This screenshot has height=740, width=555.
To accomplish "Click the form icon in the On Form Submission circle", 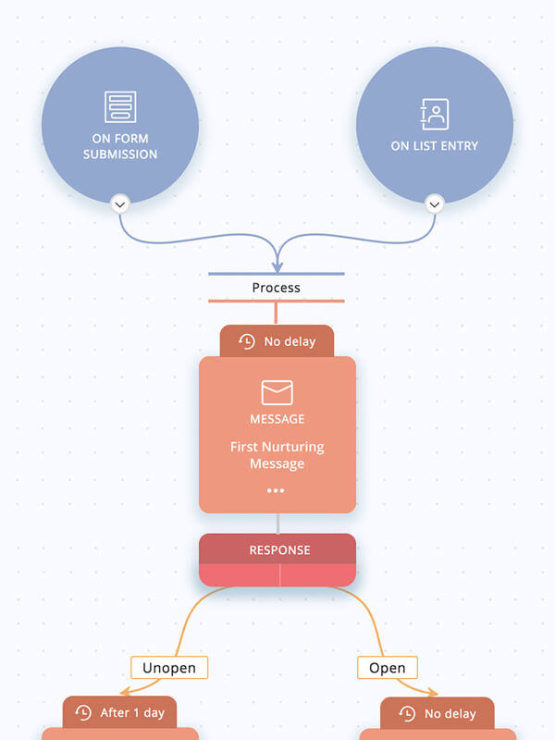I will click(x=120, y=107).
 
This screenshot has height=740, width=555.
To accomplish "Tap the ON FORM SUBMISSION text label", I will click(x=120, y=146).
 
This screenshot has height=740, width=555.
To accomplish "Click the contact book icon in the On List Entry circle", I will click(x=434, y=114).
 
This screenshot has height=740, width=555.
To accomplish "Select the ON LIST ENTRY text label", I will click(x=434, y=146).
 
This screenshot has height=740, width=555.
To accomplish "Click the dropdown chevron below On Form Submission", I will click(x=120, y=204).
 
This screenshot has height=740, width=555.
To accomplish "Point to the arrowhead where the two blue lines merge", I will click(x=277, y=267).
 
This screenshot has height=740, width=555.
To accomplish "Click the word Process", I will click(x=277, y=288).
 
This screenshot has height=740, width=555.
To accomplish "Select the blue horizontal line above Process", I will click(x=277, y=274).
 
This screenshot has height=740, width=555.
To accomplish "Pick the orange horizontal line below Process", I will click(x=277, y=301).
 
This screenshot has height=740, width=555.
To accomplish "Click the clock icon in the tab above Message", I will click(x=247, y=341).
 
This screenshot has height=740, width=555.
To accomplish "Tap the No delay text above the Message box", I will click(x=290, y=341).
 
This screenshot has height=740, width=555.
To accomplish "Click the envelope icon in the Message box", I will click(x=277, y=392).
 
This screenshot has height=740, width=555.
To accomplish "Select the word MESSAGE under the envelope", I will click(x=277, y=419).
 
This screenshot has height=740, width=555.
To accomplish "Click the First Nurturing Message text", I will click(x=277, y=455).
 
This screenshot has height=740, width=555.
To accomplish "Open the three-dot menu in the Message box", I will click(x=276, y=491).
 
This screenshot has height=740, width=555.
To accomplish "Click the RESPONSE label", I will click(x=279, y=549).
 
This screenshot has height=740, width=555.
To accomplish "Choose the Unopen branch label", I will click(x=169, y=667).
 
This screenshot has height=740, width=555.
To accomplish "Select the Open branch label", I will click(x=387, y=667).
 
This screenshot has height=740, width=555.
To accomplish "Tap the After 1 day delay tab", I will click(x=119, y=713).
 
